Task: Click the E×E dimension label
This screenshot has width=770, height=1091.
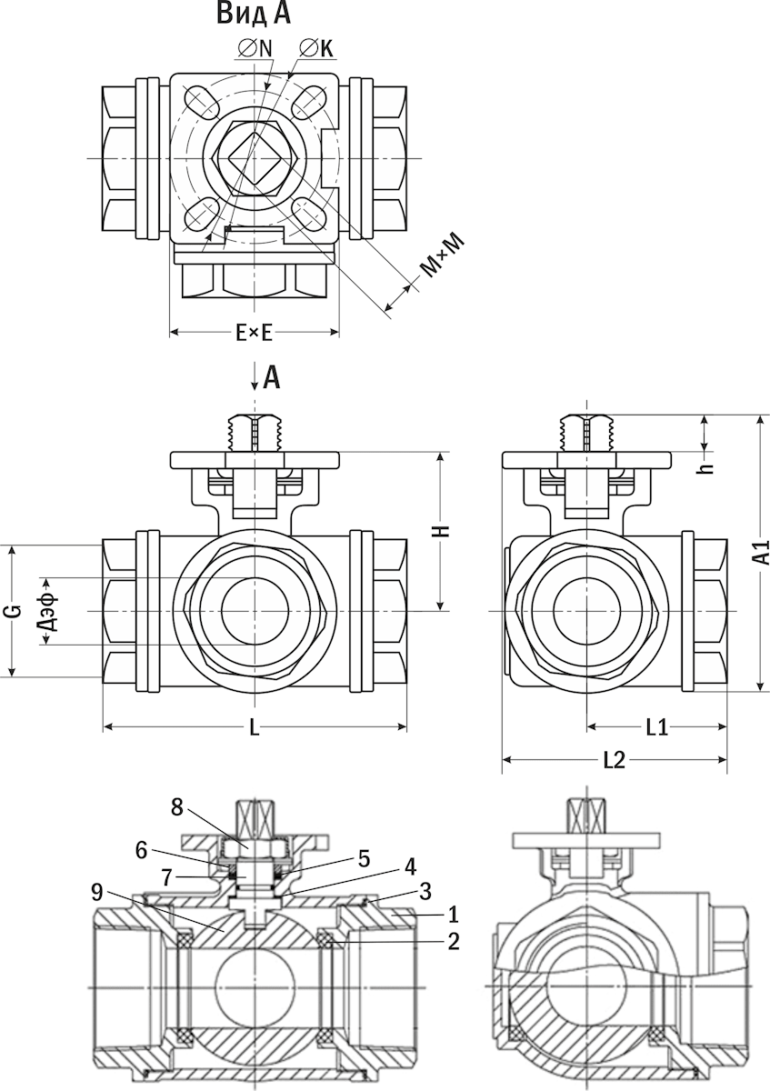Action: click(x=254, y=333)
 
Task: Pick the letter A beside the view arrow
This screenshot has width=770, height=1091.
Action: click(x=271, y=377)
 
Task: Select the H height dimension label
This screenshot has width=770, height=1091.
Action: click(x=441, y=532)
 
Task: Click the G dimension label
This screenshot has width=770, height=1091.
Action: click(x=13, y=611)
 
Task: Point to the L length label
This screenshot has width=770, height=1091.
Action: click(x=255, y=727)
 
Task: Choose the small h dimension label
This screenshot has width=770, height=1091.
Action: click(x=706, y=464)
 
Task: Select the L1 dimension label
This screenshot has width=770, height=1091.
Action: click(x=656, y=727)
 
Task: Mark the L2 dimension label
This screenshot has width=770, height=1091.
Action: click(x=615, y=760)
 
